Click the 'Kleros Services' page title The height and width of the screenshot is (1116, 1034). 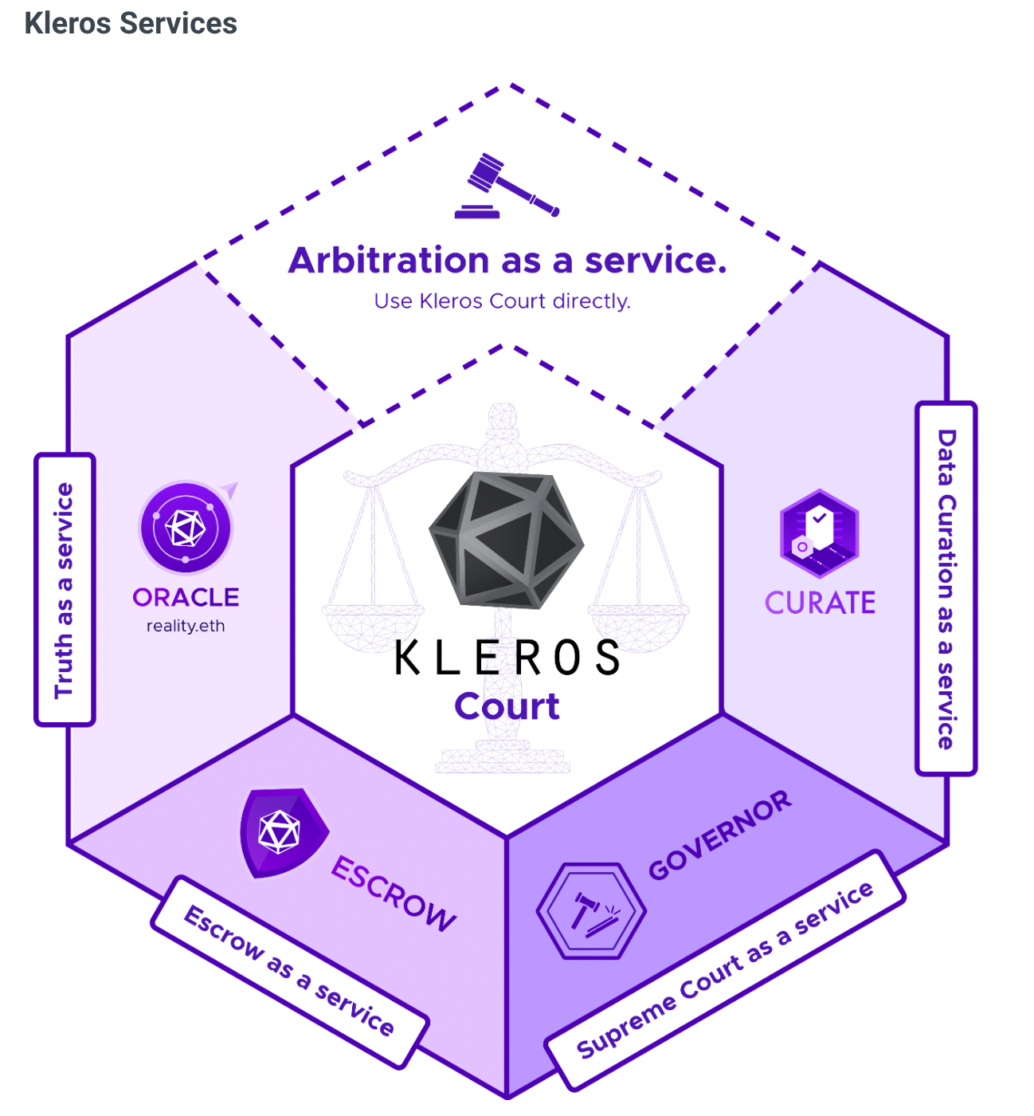pyautogui.click(x=131, y=23)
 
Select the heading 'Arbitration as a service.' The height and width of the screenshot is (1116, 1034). pyautogui.click(x=507, y=261)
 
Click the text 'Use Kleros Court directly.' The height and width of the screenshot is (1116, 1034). pyautogui.click(x=502, y=301)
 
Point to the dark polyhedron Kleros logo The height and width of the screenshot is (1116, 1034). pyautogui.click(x=507, y=538)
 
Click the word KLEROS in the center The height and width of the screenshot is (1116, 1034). pyautogui.click(x=507, y=658)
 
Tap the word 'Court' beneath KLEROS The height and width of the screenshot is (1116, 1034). pyautogui.click(x=507, y=706)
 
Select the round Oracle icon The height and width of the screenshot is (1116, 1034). pyautogui.click(x=186, y=527)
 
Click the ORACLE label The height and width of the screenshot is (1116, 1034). pyautogui.click(x=186, y=597)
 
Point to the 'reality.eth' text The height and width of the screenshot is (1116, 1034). pyautogui.click(x=186, y=626)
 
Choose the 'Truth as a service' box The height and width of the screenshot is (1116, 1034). pyautogui.click(x=65, y=590)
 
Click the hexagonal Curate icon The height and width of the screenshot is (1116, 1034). pyautogui.click(x=819, y=533)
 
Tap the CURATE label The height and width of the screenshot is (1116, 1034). pyautogui.click(x=820, y=603)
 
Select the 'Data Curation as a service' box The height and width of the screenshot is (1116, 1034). pyautogui.click(x=946, y=588)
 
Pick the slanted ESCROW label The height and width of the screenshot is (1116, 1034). pyautogui.click(x=394, y=894)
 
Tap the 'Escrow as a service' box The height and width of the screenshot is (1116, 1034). pyautogui.click(x=290, y=971)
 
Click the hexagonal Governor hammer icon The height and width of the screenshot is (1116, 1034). pyautogui.click(x=591, y=910)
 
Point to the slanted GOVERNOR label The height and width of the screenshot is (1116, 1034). pyautogui.click(x=720, y=835)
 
